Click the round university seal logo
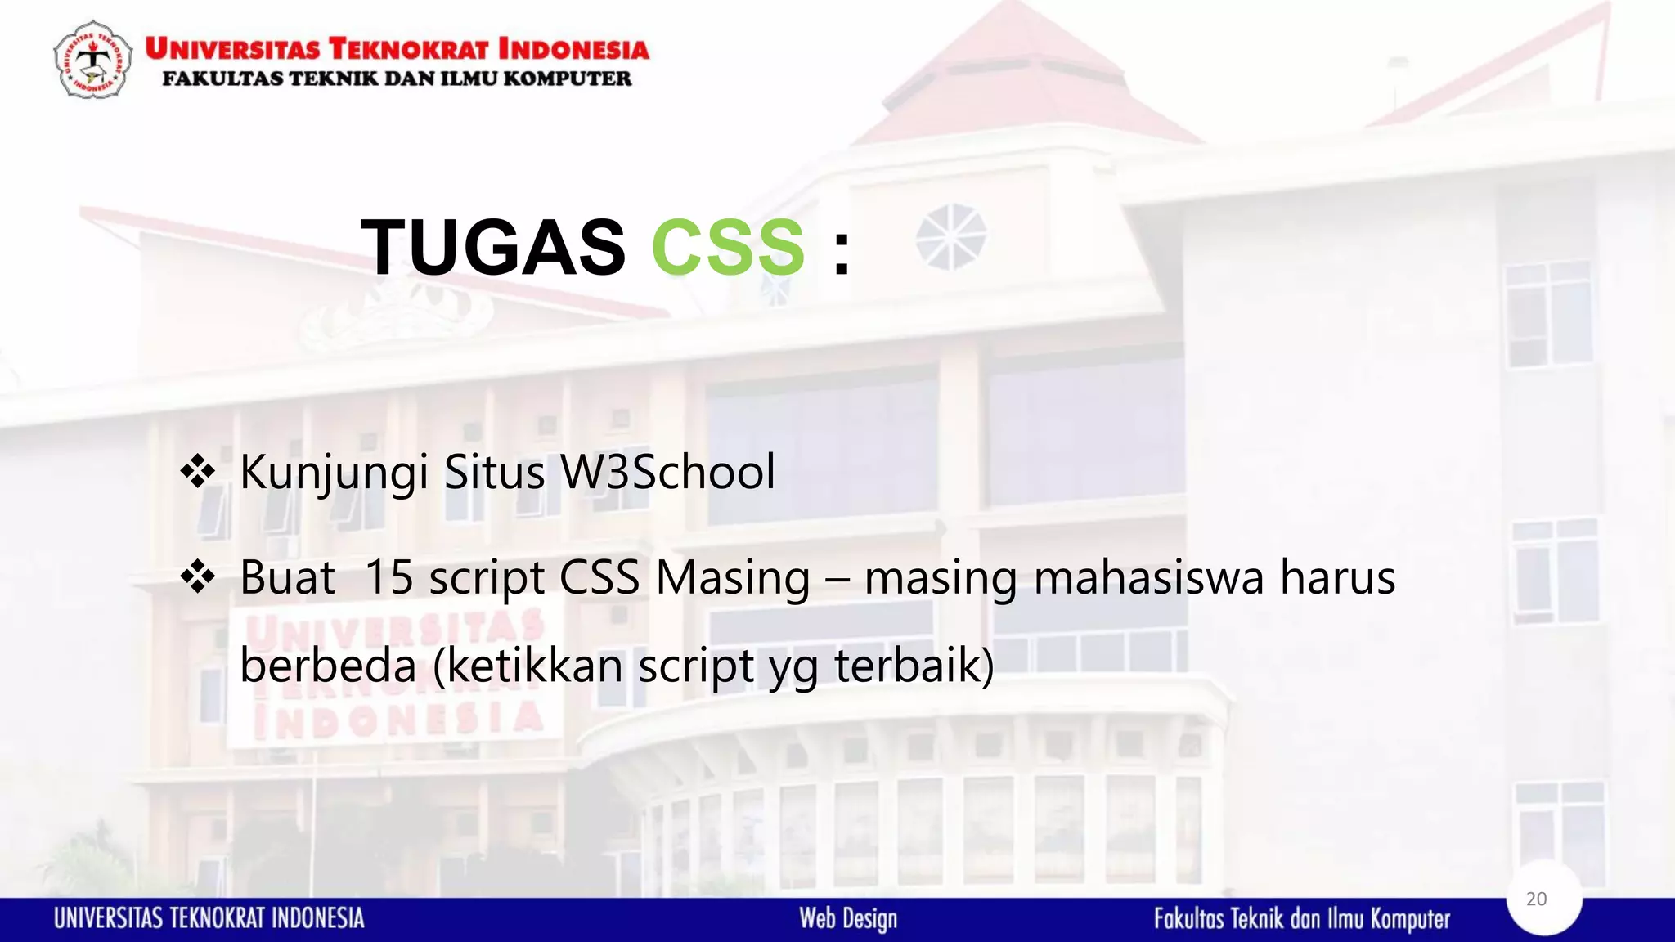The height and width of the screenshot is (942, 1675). (x=92, y=60)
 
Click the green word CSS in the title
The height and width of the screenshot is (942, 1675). (x=728, y=247)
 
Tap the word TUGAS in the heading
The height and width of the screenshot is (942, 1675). (x=493, y=247)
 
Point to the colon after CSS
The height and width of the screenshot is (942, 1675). (x=842, y=250)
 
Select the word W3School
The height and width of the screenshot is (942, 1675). (x=667, y=472)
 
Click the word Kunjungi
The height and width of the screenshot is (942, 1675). (x=334, y=473)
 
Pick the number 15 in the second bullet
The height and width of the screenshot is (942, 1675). (x=388, y=577)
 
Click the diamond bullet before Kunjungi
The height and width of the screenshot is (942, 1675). (x=198, y=472)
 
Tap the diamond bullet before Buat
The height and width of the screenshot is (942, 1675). (x=198, y=577)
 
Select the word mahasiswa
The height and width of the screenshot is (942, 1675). (x=1149, y=577)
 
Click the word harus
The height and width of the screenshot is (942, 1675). (x=1337, y=577)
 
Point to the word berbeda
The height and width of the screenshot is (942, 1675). (x=328, y=665)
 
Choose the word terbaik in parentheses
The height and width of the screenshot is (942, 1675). (x=907, y=665)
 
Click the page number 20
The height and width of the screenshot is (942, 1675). (x=1537, y=899)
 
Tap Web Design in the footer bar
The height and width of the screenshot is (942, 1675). (x=848, y=918)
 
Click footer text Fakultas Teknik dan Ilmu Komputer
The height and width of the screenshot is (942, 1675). (x=1302, y=919)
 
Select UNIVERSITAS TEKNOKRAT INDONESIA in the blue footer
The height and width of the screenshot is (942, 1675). (x=209, y=918)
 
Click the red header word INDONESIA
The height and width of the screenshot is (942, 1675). (x=573, y=49)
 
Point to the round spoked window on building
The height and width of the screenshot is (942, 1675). (x=950, y=236)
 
